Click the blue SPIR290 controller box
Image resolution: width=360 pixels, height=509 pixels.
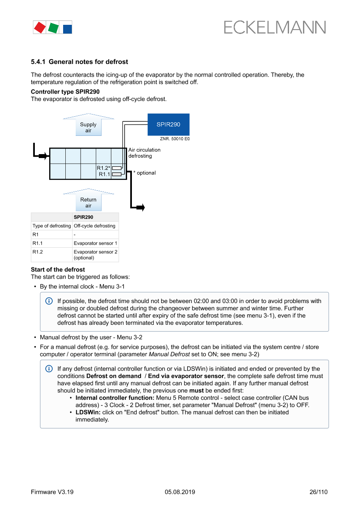168,125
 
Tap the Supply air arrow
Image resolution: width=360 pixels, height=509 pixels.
88,125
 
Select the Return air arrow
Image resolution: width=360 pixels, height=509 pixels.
88,201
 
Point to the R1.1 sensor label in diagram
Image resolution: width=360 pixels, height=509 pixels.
104,174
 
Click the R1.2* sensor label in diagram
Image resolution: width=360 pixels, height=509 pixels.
104,168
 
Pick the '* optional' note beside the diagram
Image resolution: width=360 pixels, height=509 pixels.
145,173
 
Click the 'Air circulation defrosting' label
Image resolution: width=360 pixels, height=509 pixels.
144,153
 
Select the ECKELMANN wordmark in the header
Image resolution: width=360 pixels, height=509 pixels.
275,27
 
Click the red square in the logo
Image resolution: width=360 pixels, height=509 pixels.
40,27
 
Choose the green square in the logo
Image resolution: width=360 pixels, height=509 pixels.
53,28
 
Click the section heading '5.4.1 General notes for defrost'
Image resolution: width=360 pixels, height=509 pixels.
79,62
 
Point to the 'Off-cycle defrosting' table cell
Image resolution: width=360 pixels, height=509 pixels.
94,226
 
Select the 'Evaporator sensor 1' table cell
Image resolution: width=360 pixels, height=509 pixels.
95,243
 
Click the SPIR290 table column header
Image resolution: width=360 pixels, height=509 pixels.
83,217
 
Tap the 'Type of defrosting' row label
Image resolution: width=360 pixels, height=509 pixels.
51,226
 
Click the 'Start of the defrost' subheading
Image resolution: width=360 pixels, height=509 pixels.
58,270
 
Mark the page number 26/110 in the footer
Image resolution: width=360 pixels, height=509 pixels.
318,492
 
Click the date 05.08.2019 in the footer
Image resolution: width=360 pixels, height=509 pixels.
180,492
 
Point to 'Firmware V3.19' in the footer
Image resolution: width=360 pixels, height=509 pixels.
52,492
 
